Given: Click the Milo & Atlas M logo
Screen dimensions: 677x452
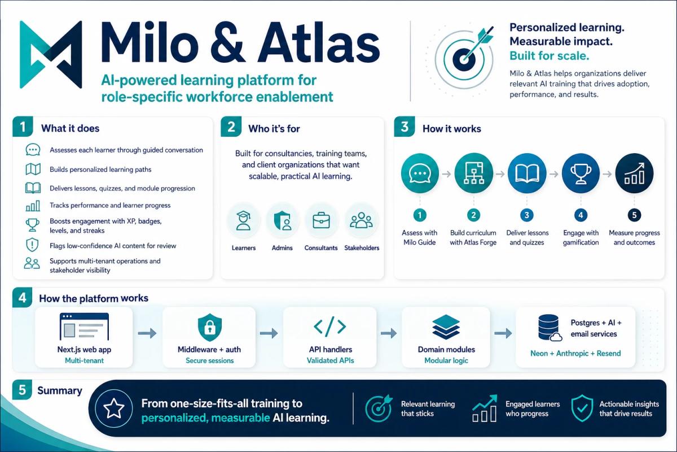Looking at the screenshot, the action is (51, 54).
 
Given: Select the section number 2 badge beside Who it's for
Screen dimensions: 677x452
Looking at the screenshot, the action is (231, 127).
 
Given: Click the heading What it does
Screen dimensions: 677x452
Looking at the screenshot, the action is (70, 128).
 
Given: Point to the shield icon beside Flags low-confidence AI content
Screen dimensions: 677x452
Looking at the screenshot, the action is (32, 245).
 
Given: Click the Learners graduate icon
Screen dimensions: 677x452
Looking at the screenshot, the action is (243, 221).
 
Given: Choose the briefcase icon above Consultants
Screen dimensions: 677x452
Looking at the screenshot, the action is (321, 220).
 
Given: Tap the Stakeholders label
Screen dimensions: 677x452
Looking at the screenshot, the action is (362, 247).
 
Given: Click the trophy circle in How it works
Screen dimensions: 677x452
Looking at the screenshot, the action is (581, 173).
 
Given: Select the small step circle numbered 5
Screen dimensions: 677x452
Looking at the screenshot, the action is (634, 215).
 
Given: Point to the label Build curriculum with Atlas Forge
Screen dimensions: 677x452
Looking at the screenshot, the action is (473, 237).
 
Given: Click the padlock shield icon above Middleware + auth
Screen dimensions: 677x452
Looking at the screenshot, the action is (209, 328).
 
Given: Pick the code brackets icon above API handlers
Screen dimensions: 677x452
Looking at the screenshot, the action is (329, 327).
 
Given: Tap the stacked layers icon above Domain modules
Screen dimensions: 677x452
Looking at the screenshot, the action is (446, 327).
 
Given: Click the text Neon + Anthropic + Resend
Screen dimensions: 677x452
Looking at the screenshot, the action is (575, 353).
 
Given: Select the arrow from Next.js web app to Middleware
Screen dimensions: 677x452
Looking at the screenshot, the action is (147, 333).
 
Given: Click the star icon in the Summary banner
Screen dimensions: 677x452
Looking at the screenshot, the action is (113, 408).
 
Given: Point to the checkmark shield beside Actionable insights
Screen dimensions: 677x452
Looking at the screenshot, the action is (582, 408).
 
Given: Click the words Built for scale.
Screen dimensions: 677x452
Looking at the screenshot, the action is (549, 56).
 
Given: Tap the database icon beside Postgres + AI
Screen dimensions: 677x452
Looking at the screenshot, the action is (549, 328).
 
